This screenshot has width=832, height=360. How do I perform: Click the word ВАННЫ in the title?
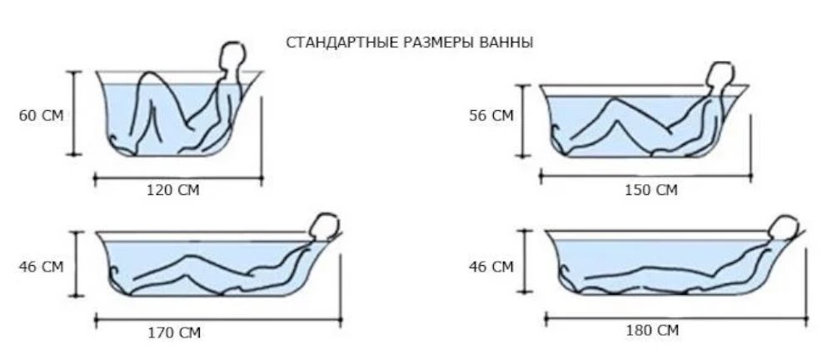coord(508,42)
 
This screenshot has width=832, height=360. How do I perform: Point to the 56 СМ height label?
coord(491,116)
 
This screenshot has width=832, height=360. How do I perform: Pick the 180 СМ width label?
coord(651,331)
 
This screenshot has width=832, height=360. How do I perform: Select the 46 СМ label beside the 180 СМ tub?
coord(491,267)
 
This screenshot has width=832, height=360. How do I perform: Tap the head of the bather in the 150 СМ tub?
coord(720,75)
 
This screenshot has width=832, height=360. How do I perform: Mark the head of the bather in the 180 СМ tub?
coord(785,228)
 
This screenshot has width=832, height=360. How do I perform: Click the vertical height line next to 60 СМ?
coord(76,113)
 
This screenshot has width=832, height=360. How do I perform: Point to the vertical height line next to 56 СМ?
coord(523,117)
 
